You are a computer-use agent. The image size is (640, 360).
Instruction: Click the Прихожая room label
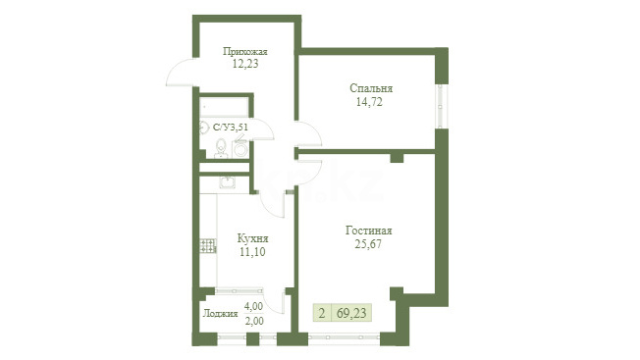(x=244, y=52)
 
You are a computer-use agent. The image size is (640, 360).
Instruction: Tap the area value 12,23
(x=245, y=64)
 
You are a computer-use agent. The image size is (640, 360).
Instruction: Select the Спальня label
(x=371, y=88)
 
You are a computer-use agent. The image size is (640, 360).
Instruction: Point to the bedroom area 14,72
(x=369, y=102)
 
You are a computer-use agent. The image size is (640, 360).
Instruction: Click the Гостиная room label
(x=368, y=231)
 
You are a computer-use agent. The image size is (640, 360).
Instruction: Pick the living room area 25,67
(x=368, y=244)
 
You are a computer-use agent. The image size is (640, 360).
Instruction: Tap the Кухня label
(x=252, y=238)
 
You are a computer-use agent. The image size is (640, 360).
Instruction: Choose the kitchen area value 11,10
(x=252, y=252)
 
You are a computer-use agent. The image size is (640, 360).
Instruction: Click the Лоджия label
(x=221, y=314)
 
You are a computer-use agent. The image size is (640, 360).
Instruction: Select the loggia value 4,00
(x=253, y=306)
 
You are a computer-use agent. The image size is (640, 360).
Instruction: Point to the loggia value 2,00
(x=254, y=322)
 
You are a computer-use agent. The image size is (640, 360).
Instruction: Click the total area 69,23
(x=351, y=314)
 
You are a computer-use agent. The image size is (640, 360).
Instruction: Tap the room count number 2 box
(x=322, y=313)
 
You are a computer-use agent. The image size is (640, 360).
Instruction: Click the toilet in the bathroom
(x=221, y=148)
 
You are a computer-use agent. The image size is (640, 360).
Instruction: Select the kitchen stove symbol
(x=208, y=246)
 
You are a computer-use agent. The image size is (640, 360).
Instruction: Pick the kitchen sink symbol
(x=227, y=182)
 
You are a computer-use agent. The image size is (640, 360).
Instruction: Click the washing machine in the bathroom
(x=240, y=148)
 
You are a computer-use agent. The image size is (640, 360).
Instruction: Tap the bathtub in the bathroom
(x=224, y=107)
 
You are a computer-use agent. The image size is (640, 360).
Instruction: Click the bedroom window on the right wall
(x=441, y=106)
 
